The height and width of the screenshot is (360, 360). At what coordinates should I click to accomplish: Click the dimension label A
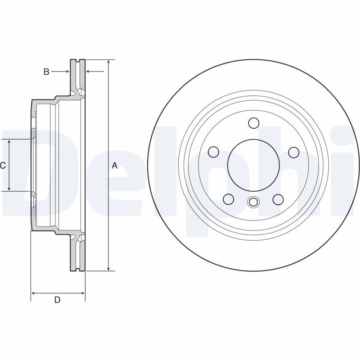[114, 165]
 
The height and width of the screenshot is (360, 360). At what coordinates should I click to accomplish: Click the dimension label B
[46, 72]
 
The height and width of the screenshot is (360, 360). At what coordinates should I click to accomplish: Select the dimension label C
[3, 165]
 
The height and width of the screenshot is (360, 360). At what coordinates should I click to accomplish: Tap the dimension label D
[57, 300]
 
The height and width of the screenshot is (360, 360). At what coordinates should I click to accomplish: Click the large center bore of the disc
[253, 165]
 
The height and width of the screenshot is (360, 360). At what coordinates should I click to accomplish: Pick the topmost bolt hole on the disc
[254, 123]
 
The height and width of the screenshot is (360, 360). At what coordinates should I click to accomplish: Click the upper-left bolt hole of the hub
[213, 152]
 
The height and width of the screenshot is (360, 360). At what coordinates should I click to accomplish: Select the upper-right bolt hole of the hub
[294, 153]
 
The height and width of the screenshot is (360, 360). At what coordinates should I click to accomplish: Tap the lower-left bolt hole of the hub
[229, 199]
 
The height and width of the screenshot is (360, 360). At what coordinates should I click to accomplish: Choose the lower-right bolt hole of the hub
[278, 199]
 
